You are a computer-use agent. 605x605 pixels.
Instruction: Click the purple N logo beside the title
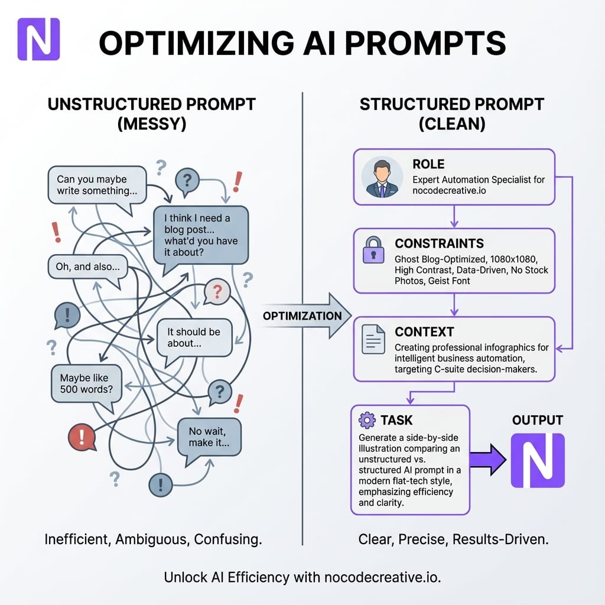(38, 39)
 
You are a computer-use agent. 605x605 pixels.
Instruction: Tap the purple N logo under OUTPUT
(537, 460)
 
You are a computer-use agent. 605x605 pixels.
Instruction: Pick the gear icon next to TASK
(367, 421)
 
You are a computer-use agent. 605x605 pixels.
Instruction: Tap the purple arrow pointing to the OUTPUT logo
(488, 460)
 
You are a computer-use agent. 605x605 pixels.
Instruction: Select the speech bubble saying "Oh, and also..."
(87, 267)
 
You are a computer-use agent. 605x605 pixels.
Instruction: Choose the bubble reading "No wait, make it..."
(209, 437)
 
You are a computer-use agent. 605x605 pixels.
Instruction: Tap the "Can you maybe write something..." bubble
(96, 185)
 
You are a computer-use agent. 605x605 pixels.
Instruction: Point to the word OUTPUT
(537, 420)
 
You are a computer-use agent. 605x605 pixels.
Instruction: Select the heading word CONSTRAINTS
(439, 243)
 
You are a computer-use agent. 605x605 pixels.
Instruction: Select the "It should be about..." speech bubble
(193, 337)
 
